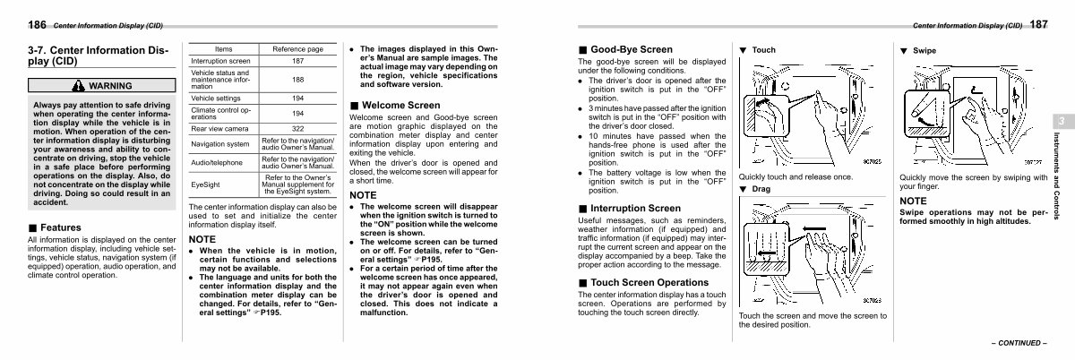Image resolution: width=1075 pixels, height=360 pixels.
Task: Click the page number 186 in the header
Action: click(13, 24)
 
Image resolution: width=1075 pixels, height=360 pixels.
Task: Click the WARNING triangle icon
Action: click(80, 86)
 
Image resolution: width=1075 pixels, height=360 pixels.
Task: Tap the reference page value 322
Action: click(297, 129)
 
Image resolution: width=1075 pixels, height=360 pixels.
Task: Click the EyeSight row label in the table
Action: click(206, 185)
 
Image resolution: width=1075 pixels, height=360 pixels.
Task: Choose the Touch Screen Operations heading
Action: click(637, 282)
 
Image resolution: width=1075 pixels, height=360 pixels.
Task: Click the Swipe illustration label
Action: click(924, 50)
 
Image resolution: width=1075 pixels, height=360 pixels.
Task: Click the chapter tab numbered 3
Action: click(1059, 122)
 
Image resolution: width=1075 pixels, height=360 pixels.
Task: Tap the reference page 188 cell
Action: click(297, 80)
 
